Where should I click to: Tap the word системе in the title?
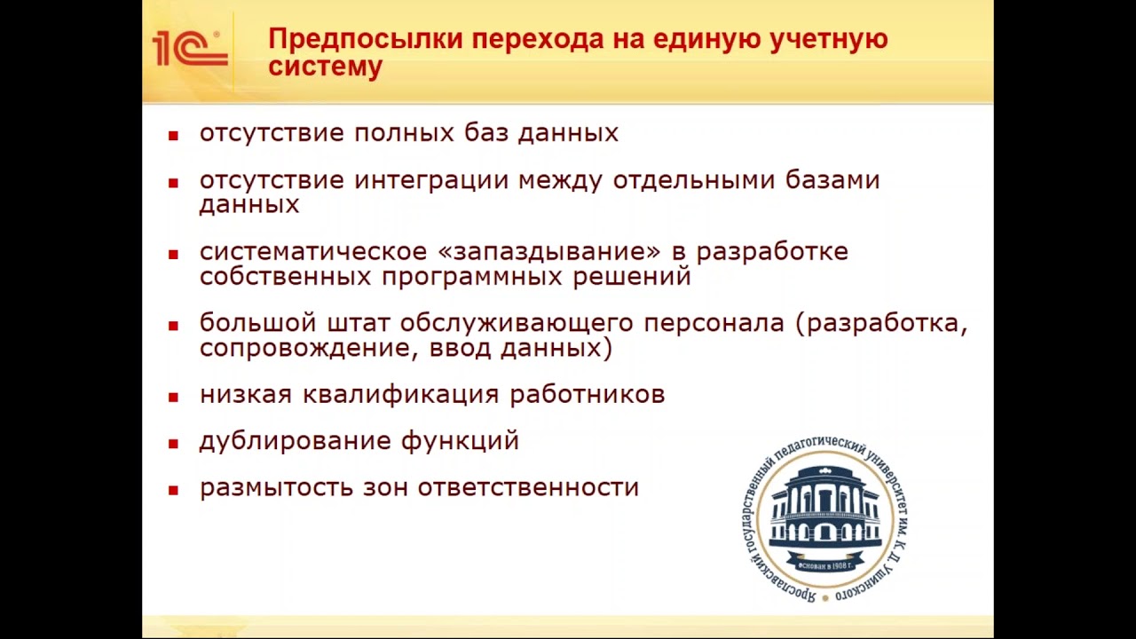pyautogui.click(x=325, y=67)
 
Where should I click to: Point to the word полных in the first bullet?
pyautogui.click(x=405, y=133)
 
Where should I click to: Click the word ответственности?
pyautogui.click(x=528, y=488)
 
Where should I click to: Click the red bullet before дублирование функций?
pyautogui.click(x=174, y=443)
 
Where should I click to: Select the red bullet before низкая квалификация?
pyautogui.click(x=174, y=396)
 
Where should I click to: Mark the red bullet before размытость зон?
pyautogui.click(x=174, y=490)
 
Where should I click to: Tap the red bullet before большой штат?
pyautogui.click(x=174, y=325)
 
